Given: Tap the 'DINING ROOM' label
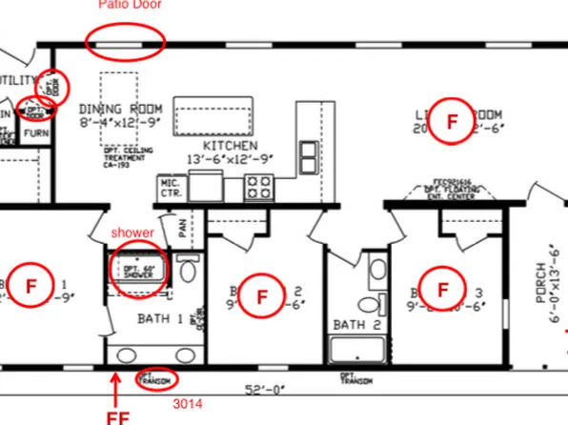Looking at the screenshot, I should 120,109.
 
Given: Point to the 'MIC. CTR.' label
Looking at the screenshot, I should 171,187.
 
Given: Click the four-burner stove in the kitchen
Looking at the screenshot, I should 258,186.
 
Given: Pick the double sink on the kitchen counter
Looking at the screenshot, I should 310,155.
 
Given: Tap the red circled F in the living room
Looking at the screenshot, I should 452,121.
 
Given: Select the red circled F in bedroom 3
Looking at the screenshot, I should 442,287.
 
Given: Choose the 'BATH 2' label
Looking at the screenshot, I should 351,325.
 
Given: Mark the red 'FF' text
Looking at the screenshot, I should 118,415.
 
